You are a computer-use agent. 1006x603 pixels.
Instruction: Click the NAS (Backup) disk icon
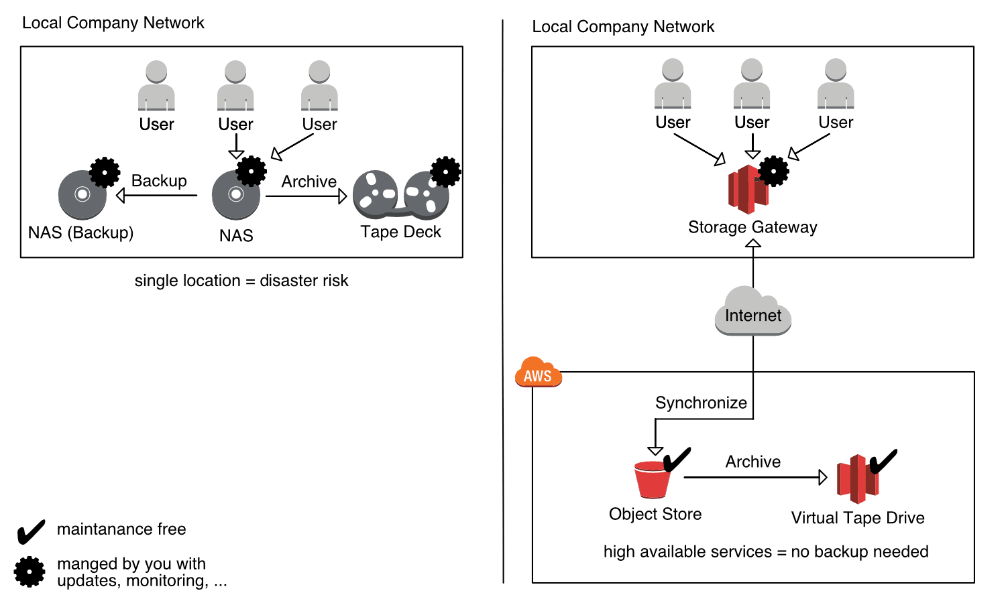tap(82, 195)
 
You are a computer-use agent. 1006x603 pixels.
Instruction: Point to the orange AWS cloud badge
tap(538, 373)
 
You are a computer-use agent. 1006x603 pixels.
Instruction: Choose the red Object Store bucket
tap(652, 480)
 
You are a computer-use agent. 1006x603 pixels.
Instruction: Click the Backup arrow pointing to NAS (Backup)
tap(157, 196)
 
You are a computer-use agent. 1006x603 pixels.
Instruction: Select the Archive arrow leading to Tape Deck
tap(306, 196)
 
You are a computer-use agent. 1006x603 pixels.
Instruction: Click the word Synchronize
tap(701, 403)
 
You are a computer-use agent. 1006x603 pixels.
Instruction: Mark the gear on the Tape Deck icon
tap(446, 172)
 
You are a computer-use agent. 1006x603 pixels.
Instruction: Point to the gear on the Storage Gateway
tap(774, 172)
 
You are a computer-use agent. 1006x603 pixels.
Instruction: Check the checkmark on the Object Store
tap(677, 460)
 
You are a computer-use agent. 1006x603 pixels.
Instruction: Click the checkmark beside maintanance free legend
tap(31, 532)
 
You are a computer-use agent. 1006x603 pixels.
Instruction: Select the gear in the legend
tap(30, 572)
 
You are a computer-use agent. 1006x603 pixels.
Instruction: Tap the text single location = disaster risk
tap(241, 281)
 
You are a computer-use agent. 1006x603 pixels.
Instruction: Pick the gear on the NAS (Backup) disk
tap(105, 173)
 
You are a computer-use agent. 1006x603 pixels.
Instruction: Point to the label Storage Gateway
tap(752, 227)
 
